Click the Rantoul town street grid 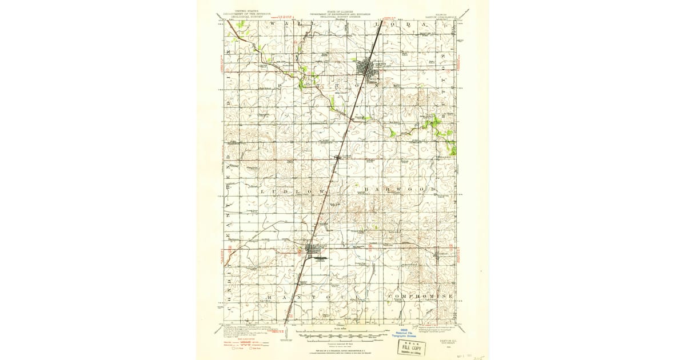click(313, 250)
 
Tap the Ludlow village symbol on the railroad click(337, 158)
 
